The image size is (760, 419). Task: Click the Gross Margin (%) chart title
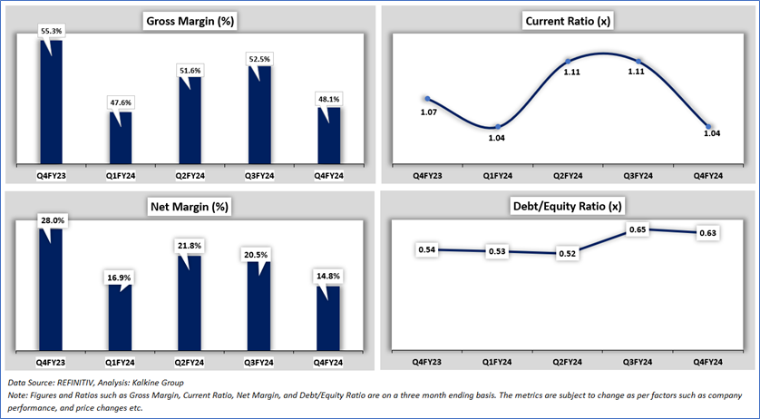click(191, 22)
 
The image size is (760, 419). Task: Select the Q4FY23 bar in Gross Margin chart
click(51, 102)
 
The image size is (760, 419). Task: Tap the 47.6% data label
click(122, 102)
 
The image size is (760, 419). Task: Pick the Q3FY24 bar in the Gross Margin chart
click(259, 115)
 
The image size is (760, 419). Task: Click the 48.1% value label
click(329, 99)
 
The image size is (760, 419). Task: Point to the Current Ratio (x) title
click(568, 22)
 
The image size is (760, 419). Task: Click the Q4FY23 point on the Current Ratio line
click(427, 99)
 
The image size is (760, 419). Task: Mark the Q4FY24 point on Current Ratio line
click(708, 127)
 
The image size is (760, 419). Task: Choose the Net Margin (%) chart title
click(189, 207)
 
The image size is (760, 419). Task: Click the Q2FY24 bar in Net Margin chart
click(190, 303)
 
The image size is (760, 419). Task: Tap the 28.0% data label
click(52, 220)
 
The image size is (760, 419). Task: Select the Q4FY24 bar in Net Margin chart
click(328, 318)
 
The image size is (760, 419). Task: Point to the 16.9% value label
click(120, 278)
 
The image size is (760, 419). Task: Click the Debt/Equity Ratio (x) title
click(567, 206)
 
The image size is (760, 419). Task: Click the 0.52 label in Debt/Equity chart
click(567, 253)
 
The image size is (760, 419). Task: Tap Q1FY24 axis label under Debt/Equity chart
click(497, 362)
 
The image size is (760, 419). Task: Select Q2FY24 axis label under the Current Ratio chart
click(568, 176)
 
